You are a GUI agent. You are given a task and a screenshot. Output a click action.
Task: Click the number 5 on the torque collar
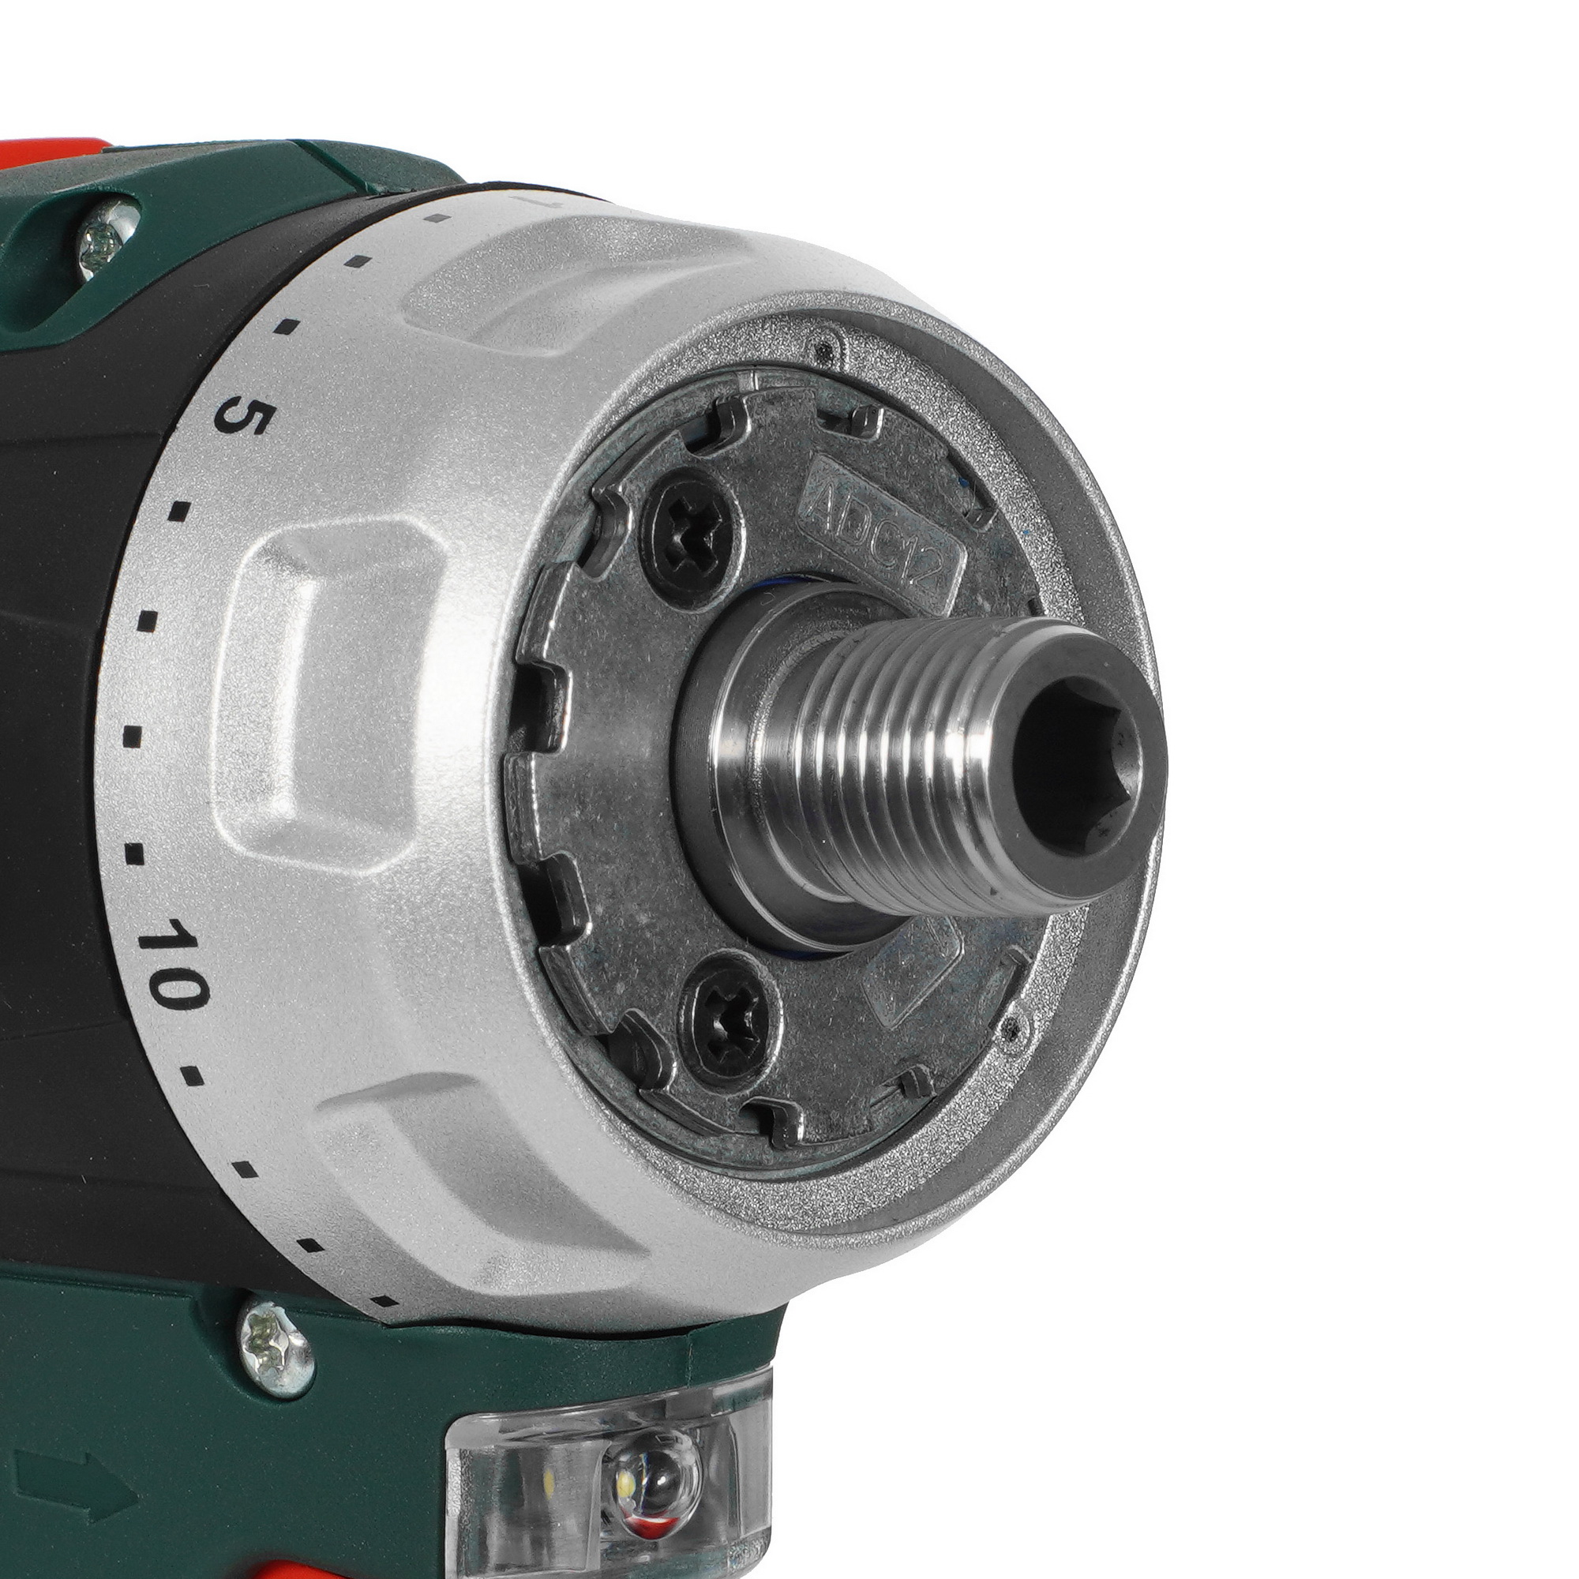(239, 419)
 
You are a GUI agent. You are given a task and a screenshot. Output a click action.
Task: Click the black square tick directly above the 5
(286, 327)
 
